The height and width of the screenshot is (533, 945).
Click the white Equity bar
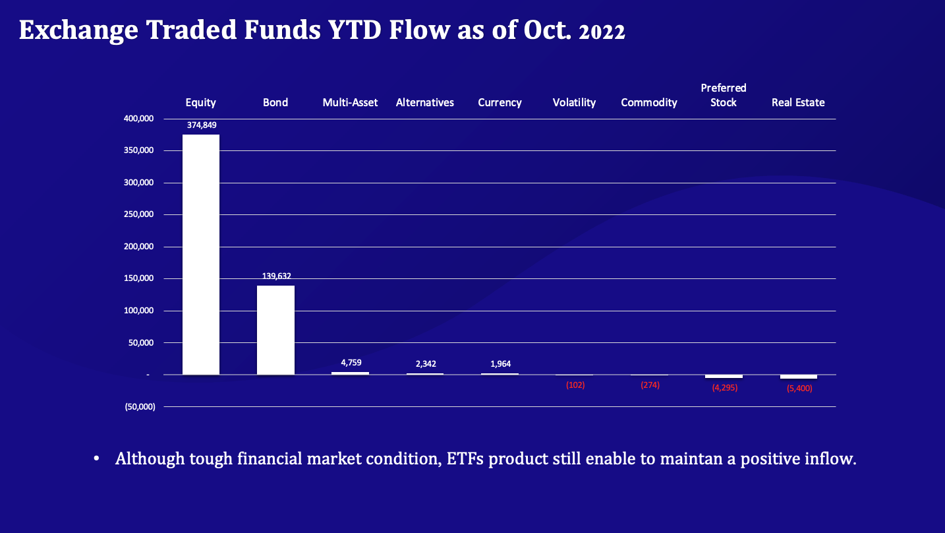201,255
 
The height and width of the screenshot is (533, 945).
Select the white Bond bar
275,330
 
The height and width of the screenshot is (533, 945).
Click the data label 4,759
351,363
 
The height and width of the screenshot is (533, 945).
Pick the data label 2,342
425,363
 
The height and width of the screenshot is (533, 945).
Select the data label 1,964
500,363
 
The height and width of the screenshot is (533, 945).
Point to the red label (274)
650,385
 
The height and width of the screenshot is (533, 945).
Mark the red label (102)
575,385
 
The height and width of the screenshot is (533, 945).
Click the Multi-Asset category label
350,103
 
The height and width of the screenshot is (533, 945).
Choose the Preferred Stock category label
724,96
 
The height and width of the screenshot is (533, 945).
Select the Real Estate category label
798,103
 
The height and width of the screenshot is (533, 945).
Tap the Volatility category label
574,103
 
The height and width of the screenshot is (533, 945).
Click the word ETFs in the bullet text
465,459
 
